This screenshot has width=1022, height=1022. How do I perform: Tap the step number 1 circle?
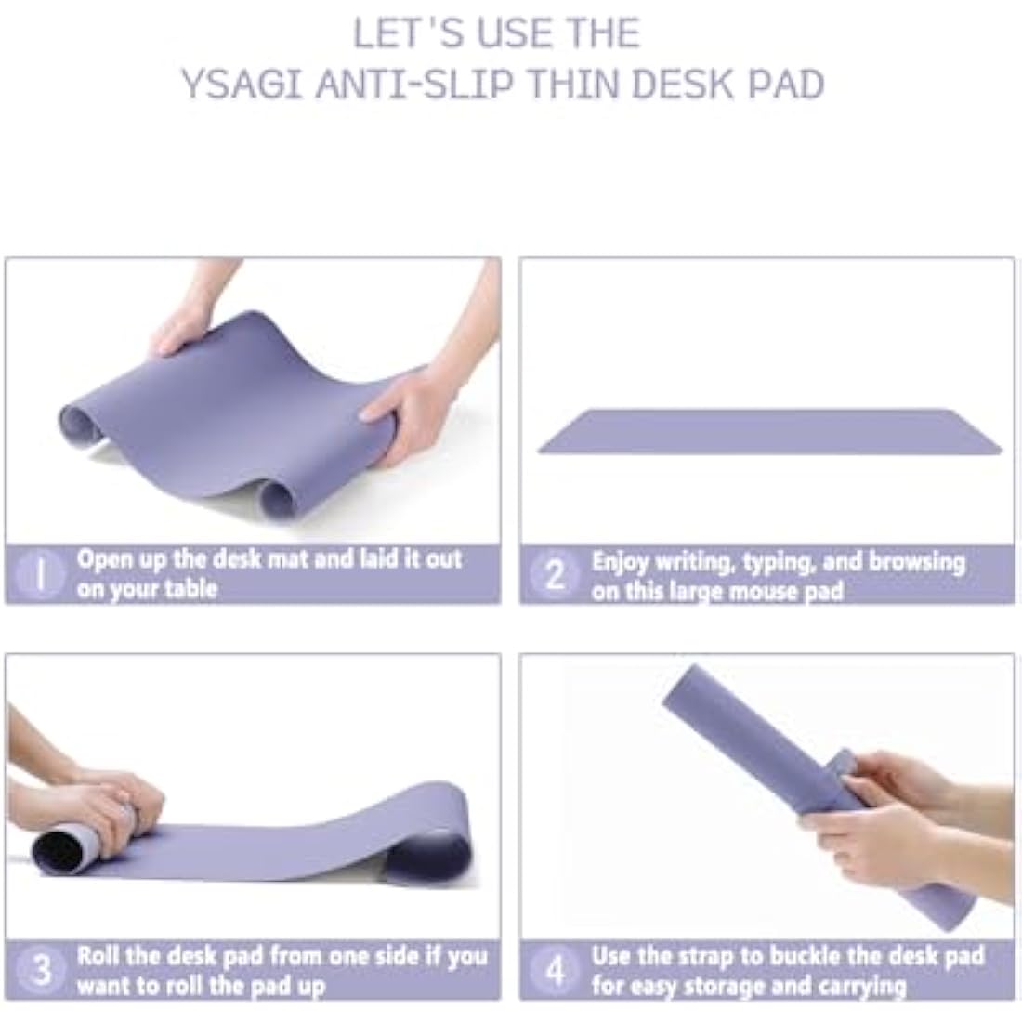click(x=40, y=574)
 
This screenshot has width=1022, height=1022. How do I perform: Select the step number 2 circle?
click(x=555, y=575)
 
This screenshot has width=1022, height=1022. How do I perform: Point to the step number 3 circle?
click(x=42, y=970)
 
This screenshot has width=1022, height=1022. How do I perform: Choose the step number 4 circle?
click(x=555, y=971)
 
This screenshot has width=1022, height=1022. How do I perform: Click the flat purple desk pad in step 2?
click(x=769, y=432)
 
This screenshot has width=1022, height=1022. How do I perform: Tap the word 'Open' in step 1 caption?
click(x=104, y=559)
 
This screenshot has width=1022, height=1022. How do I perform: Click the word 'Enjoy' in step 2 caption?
click(x=620, y=562)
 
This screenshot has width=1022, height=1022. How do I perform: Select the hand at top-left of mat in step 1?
click(x=181, y=328)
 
